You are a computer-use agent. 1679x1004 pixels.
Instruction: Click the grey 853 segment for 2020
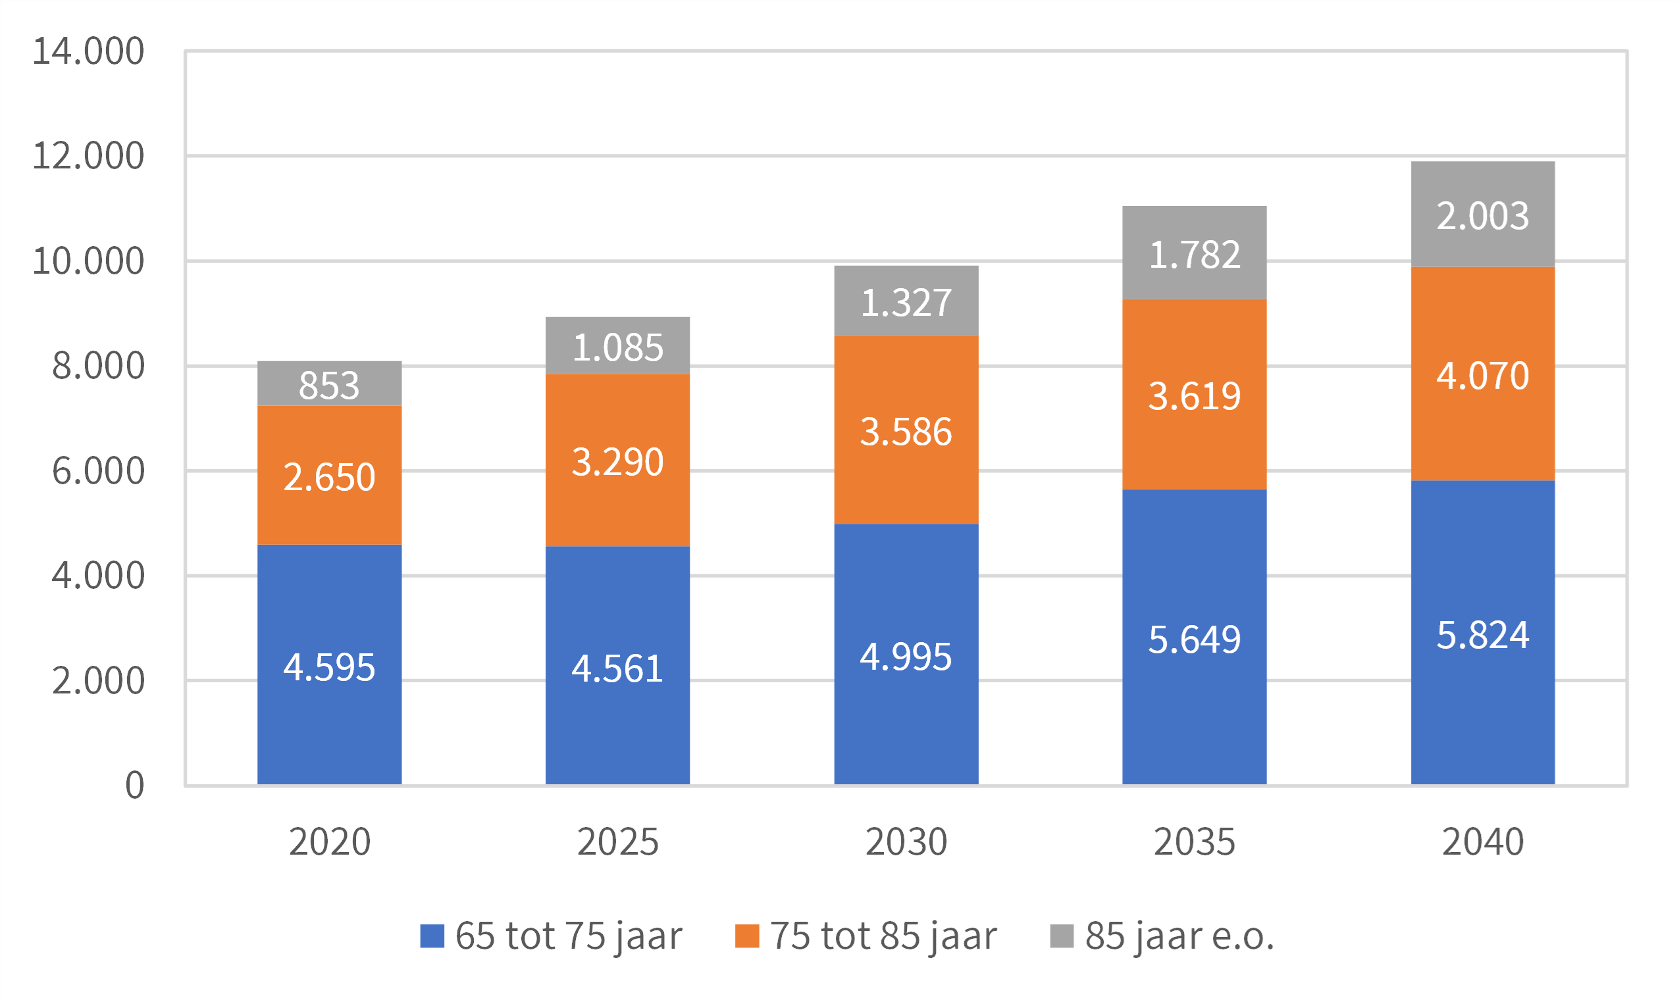pyautogui.click(x=329, y=384)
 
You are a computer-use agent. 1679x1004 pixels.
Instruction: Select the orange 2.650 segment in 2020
pyautogui.click(x=329, y=476)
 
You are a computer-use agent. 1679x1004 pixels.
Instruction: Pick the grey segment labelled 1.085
pyautogui.click(x=617, y=345)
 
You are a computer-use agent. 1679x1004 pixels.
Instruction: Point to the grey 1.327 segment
pyautogui.click(x=906, y=301)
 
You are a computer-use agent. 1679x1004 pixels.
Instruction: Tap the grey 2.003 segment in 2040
pyautogui.click(x=1482, y=214)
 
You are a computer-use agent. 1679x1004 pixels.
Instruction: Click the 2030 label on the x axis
pyautogui.click(x=906, y=841)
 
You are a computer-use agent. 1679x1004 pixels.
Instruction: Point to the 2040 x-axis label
pyautogui.click(x=1482, y=841)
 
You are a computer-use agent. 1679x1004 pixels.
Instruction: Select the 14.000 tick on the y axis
pyautogui.click(x=88, y=51)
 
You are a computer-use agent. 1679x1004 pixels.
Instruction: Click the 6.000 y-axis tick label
pyautogui.click(x=98, y=471)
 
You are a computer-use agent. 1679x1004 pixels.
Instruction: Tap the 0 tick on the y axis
pyautogui.click(x=135, y=786)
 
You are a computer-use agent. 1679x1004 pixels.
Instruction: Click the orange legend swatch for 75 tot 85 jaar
pyautogui.click(x=746, y=936)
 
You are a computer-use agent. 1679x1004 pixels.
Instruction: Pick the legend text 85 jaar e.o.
pyautogui.click(x=1179, y=936)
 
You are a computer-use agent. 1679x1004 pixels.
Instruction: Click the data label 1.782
pyautogui.click(x=1195, y=255)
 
